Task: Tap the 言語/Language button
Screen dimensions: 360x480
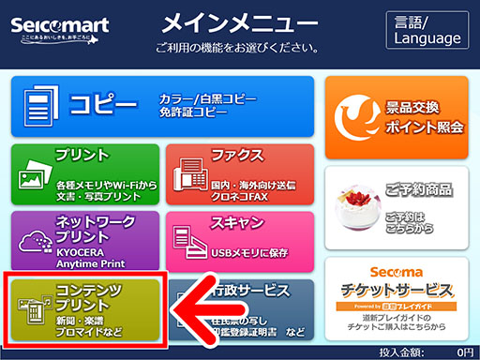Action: (427, 29)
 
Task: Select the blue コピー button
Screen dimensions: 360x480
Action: (161, 106)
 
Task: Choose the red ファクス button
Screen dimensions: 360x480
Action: (239, 172)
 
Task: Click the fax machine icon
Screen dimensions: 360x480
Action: (190, 177)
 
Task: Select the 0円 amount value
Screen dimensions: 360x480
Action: (463, 352)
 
